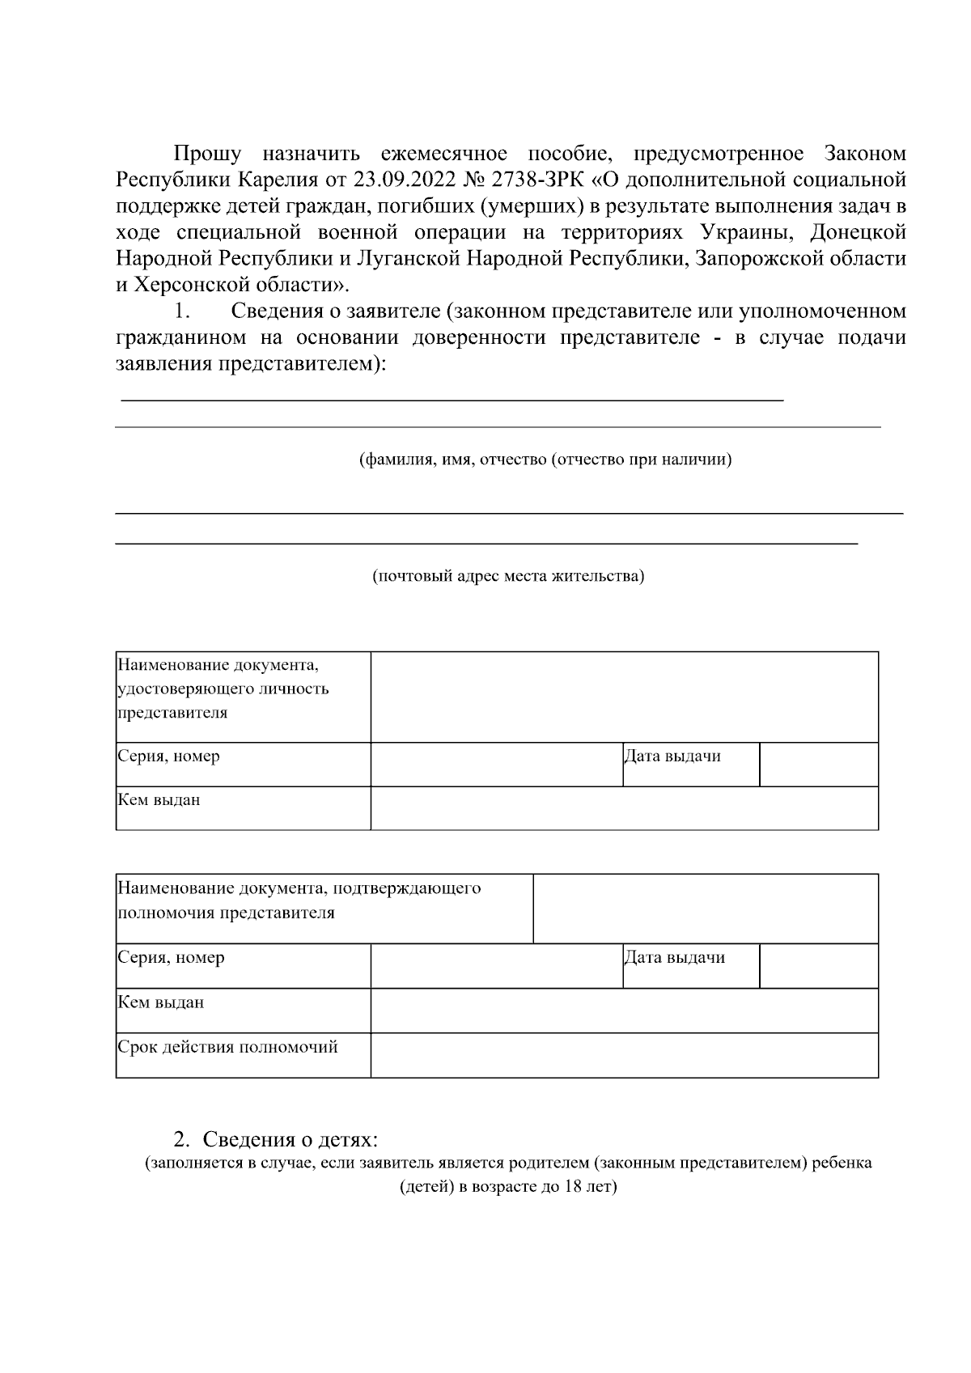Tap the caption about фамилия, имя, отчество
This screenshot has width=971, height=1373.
[x=545, y=460]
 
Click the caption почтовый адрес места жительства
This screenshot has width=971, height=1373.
[x=508, y=577]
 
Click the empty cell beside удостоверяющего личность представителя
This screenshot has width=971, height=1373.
[x=624, y=697]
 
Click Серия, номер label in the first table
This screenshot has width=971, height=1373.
[x=169, y=756]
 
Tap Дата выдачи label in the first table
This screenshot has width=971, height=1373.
[x=672, y=756]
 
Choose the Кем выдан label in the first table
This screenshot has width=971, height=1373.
[x=159, y=800]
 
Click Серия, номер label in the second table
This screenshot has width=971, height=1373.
[x=172, y=958]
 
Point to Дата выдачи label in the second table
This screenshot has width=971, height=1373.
[x=675, y=958]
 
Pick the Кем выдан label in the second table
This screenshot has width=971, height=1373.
[x=161, y=1002]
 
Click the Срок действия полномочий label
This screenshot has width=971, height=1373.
[x=228, y=1048]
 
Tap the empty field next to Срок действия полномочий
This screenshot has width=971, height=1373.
[x=624, y=1055]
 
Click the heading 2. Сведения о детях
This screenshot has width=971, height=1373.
[x=276, y=1140]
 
